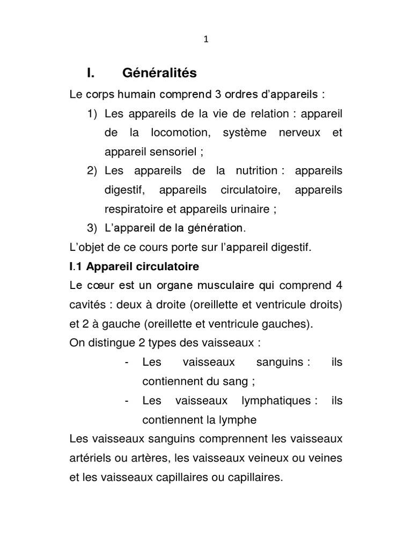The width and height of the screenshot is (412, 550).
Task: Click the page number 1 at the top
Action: click(205, 39)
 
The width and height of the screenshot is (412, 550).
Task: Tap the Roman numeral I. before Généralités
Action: click(91, 72)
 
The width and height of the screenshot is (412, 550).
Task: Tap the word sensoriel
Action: click(171, 151)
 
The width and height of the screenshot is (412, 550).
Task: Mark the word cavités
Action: click(87, 305)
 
